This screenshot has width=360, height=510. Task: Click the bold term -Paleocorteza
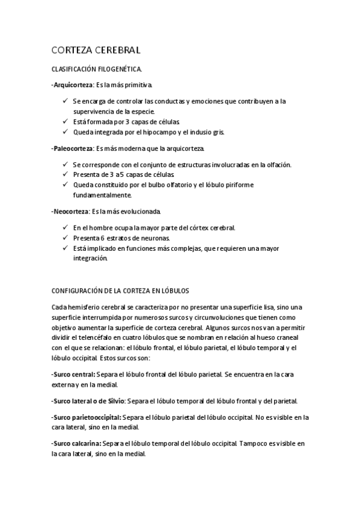pos(72,148)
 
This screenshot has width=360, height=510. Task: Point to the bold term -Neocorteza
pos(70,211)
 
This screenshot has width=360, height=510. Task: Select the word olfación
pos(275,164)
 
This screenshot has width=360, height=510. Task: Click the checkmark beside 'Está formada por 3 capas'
pos(65,121)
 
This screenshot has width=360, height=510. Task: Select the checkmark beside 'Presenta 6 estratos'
pos(65,238)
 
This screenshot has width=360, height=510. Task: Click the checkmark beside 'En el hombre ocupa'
pos(65,227)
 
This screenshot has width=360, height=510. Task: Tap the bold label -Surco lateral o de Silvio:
pos(89,400)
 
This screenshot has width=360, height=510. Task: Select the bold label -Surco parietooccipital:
pos(87,416)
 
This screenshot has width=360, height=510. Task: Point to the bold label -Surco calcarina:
pos(76,443)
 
